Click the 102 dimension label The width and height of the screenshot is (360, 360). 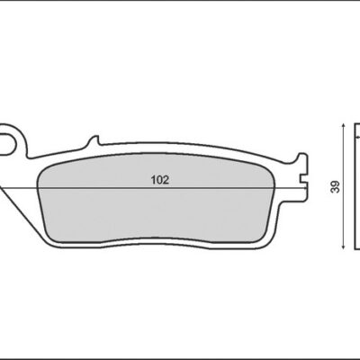pos(160,180)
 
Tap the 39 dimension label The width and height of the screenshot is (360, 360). pos(337,186)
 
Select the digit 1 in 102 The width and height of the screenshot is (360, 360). pos(153,180)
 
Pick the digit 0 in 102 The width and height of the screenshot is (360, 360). pos(159,180)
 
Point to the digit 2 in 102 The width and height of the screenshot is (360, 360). pos(166,180)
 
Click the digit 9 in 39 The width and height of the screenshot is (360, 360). pos(337,184)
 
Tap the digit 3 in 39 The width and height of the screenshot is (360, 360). pos(337,190)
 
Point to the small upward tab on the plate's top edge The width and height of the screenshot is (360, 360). pos(94,140)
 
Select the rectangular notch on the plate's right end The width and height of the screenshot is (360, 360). pos(303,178)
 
